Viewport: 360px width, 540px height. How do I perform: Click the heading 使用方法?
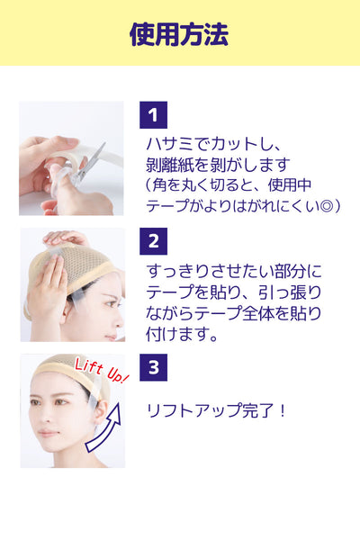pyautogui.click(x=179, y=34)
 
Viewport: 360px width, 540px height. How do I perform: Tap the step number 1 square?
pyautogui.click(x=153, y=114)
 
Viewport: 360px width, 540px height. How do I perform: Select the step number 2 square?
pyautogui.click(x=153, y=241)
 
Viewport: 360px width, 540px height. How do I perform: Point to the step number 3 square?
pyautogui.click(x=153, y=367)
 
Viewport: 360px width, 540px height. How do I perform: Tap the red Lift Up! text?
pyautogui.click(x=101, y=371)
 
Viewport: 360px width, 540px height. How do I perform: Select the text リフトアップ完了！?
pyautogui.click(x=216, y=410)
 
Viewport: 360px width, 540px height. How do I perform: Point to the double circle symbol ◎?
pyautogui.click(x=325, y=206)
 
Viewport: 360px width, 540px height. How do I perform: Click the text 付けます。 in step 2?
pyautogui.click(x=182, y=334)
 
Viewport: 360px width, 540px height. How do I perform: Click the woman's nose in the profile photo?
pyautogui.click(x=119, y=322)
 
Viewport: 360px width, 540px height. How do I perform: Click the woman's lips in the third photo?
pyautogui.click(x=48, y=433)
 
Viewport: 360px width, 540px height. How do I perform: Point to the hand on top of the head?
pyautogui.click(x=66, y=238)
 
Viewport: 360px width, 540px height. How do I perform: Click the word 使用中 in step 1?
pyautogui.click(x=290, y=185)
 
